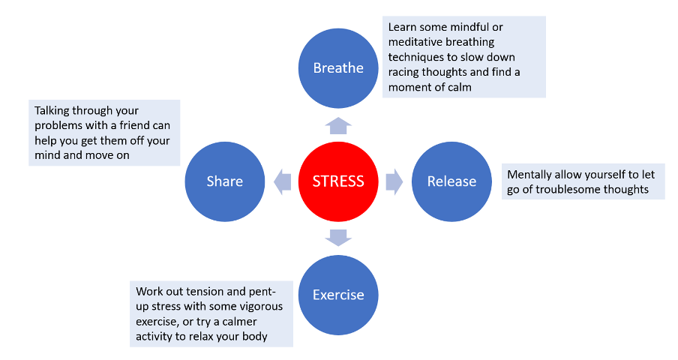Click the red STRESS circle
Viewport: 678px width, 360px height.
(338, 181)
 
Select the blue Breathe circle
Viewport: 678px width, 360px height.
(338, 68)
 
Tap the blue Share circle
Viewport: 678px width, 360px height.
(225, 181)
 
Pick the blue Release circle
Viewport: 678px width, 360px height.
(451, 181)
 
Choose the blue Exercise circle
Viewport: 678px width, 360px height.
(338, 295)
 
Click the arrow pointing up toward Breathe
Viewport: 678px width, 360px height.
(338, 125)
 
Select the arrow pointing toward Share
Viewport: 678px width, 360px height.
(282, 181)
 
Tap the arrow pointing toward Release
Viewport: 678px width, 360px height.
(394, 181)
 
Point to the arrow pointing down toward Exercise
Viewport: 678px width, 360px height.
(338, 238)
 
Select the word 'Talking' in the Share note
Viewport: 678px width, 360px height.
(55, 110)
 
